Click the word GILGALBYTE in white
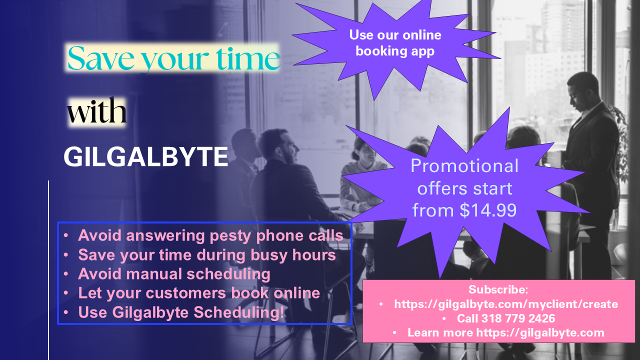click(x=145, y=156)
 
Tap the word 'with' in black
click(x=96, y=110)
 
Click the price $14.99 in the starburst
click(x=488, y=210)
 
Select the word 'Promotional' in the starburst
click(x=464, y=165)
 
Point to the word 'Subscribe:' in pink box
click(x=498, y=289)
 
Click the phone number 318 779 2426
click(x=518, y=318)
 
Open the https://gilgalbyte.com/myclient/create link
click(x=506, y=304)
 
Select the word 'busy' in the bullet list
click(x=269, y=255)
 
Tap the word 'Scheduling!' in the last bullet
click(x=239, y=312)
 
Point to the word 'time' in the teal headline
click(x=247, y=57)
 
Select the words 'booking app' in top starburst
click(x=395, y=51)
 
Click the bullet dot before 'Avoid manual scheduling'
click(x=66, y=273)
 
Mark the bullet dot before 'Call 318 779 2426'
click(x=443, y=318)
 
